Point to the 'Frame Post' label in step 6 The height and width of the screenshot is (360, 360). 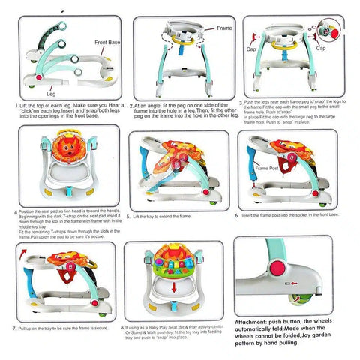(x=268, y=169)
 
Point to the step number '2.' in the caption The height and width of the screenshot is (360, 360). (x=132, y=106)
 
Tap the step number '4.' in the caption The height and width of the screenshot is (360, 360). (x=16, y=212)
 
